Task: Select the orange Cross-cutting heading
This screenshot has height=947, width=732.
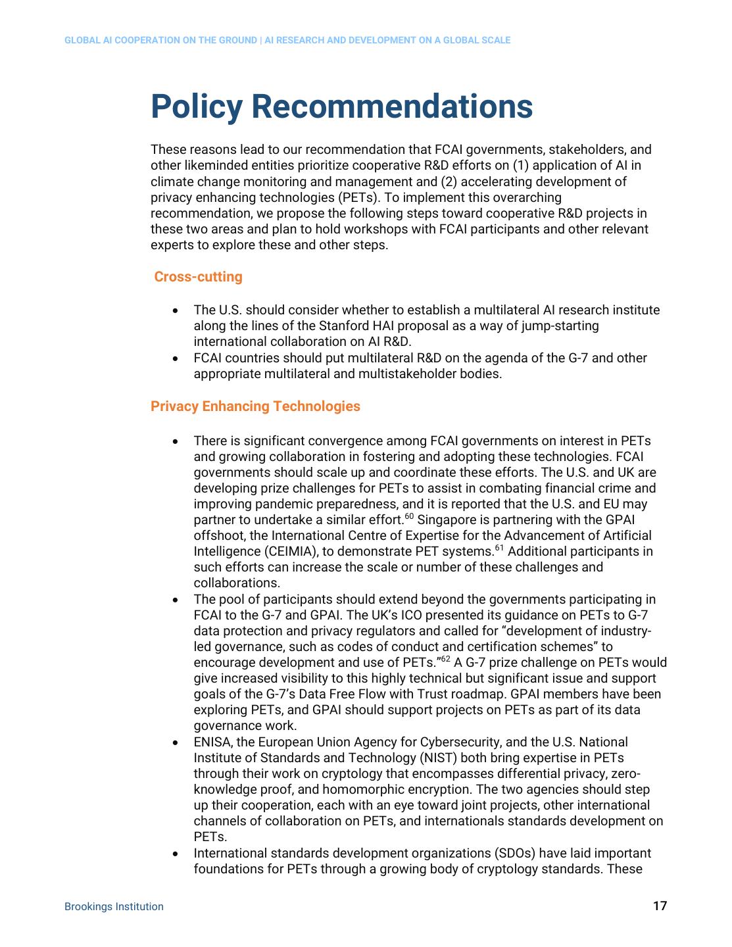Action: tap(198, 277)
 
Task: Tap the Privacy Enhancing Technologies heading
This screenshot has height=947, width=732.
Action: tap(255, 406)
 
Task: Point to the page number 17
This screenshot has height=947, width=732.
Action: tap(660, 906)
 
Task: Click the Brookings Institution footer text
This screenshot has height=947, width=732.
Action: tap(114, 906)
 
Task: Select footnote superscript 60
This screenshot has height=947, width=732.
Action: tap(409, 517)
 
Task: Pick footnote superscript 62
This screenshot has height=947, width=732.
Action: tap(445, 659)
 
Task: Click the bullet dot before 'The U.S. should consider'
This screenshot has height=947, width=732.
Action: tap(175, 310)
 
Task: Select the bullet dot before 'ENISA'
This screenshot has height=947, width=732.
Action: tap(175, 742)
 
